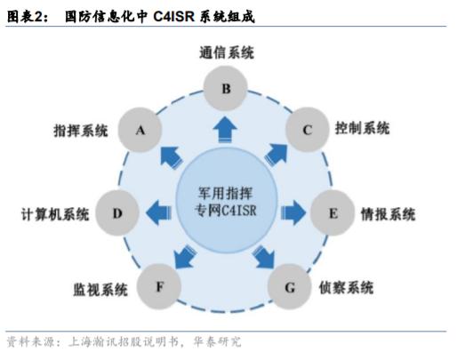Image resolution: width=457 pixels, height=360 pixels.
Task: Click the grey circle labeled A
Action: point(140,130)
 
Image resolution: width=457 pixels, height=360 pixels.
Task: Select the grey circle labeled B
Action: point(226,87)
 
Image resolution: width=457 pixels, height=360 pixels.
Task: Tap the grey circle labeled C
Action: point(307,130)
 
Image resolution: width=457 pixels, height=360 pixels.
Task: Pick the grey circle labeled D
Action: point(117,213)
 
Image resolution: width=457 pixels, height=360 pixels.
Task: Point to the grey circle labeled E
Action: point(333,213)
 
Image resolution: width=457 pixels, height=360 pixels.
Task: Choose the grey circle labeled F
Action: point(158,286)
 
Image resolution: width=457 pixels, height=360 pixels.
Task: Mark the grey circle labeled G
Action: point(289,286)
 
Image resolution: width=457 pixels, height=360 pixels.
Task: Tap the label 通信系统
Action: point(226,52)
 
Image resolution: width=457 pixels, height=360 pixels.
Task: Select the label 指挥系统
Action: point(80,131)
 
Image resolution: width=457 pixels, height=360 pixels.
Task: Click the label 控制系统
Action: point(362,128)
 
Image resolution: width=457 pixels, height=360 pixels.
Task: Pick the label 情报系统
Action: point(389,214)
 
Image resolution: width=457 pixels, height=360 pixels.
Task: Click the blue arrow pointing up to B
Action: point(226,132)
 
